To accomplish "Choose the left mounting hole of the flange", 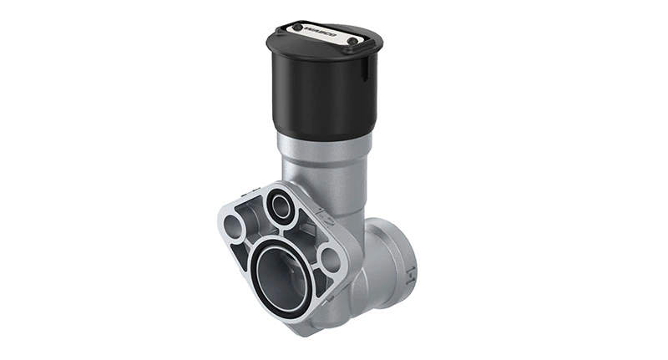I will (235, 225).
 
